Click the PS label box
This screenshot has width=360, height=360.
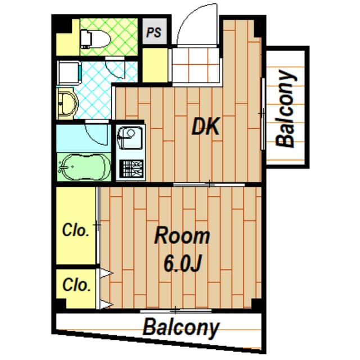(154, 31)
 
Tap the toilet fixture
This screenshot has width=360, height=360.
(96, 39)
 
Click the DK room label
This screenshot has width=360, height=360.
(205, 127)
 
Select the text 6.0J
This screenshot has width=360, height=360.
(182, 263)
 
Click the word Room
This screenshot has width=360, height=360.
(182, 236)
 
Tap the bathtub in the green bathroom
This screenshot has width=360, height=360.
(84, 167)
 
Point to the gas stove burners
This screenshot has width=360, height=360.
(132, 169)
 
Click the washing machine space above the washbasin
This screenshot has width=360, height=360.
(69, 73)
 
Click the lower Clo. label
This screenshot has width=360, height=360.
(76, 285)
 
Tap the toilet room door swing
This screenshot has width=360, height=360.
(115, 69)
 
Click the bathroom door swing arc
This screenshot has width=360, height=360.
(97, 134)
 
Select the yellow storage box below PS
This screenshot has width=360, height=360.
(155, 65)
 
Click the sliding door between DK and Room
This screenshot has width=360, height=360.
(209, 184)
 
